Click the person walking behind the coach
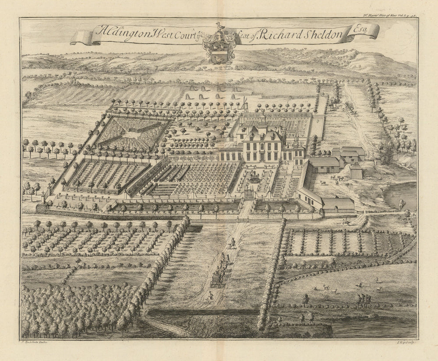point(208,297)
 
